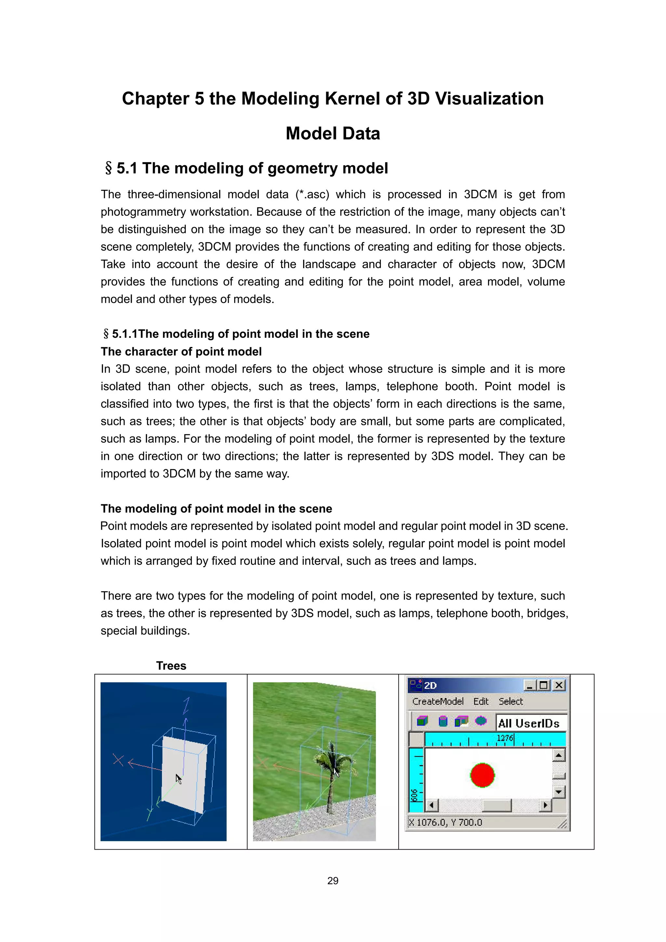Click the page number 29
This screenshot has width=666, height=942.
(x=332, y=881)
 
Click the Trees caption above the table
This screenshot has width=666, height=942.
(x=171, y=666)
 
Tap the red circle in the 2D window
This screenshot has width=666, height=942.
(x=482, y=775)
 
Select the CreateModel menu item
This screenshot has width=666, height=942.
(x=438, y=701)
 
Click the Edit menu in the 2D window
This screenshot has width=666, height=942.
(x=481, y=701)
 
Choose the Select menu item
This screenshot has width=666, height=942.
(x=511, y=701)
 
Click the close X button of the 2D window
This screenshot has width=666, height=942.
(x=558, y=685)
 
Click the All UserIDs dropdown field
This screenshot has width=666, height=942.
(x=530, y=723)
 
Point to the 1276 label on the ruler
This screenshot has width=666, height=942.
(x=504, y=738)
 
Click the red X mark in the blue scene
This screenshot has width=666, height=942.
(x=118, y=760)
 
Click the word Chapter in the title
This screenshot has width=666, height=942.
(x=155, y=99)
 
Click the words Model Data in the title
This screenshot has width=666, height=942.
(x=332, y=134)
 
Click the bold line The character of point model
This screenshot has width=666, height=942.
(x=181, y=352)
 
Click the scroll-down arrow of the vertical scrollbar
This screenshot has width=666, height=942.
(x=558, y=791)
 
